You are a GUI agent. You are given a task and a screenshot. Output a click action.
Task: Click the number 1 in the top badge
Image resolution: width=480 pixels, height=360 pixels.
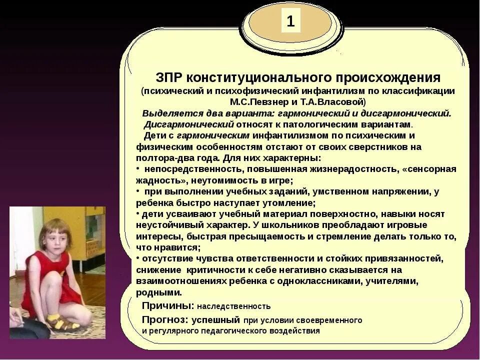(290, 21)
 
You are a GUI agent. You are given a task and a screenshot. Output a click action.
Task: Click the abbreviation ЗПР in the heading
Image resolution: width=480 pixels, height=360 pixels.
(170, 78)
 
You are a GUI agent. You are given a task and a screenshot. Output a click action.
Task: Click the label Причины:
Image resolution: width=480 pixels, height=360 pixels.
(168, 305)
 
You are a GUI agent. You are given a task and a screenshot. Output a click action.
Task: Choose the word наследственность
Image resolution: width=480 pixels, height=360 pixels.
(233, 306)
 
